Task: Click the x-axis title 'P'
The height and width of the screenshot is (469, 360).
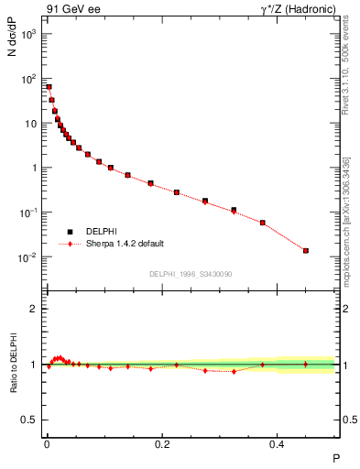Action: coord(334,457)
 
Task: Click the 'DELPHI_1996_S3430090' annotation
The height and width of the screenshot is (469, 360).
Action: coord(190,274)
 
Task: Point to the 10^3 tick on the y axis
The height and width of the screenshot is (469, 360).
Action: coord(27,34)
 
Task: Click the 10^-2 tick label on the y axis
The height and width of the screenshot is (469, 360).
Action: coord(27,257)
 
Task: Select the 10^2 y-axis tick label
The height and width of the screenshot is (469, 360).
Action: coord(27,79)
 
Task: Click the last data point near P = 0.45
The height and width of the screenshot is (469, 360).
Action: coord(306,250)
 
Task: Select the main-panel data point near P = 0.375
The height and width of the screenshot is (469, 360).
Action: coord(263,223)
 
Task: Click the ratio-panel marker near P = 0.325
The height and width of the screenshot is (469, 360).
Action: coord(234,371)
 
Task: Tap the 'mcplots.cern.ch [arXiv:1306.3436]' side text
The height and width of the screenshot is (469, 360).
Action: coord(346,220)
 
